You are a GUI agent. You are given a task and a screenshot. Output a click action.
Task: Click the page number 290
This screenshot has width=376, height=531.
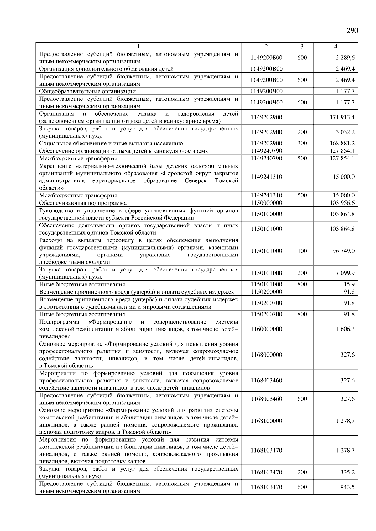(x=352, y=30)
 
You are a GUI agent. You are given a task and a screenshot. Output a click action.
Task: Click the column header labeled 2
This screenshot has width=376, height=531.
(x=266, y=46)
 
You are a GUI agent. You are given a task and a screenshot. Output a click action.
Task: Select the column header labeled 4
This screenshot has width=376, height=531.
(x=336, y=46)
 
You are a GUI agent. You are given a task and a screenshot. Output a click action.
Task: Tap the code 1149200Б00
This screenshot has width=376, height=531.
(x=266, y=58)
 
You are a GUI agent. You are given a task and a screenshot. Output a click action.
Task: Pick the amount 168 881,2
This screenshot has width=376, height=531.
(x=342, y=143)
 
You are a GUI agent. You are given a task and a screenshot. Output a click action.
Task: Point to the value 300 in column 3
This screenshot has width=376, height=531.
(x=302, y=143)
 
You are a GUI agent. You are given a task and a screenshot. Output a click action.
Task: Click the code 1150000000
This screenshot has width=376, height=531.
(x=266, y=203)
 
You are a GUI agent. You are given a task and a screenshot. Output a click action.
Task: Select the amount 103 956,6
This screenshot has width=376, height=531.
(x=342, y=203)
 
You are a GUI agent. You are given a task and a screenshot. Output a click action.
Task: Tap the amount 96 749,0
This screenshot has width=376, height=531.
(x=344, y=251)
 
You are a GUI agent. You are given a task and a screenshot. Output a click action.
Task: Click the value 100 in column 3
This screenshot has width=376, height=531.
(x=302, y=251)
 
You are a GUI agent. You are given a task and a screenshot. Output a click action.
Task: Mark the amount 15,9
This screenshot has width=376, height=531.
(x=349, y=284)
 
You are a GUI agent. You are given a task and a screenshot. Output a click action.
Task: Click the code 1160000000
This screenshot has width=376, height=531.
(x=266, y=329)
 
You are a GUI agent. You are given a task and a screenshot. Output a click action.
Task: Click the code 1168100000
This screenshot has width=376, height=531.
(x=266, y=421)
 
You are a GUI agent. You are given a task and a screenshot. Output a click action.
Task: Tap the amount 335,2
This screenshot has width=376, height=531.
(x=348, y=473)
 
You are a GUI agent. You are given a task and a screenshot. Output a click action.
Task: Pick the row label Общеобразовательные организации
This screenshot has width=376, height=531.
(x=87, y=91)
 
